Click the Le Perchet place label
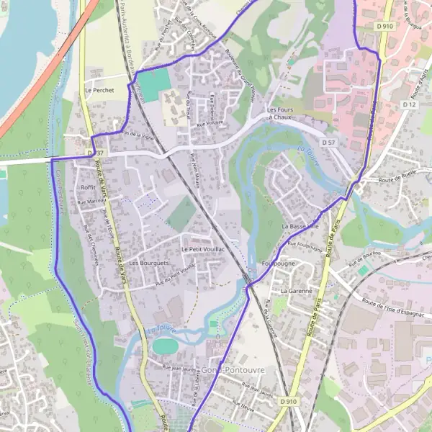99,91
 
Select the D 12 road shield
410,105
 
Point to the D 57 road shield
329,143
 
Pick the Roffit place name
89,187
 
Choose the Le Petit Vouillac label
204,248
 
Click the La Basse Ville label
300,227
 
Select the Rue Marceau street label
89,203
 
